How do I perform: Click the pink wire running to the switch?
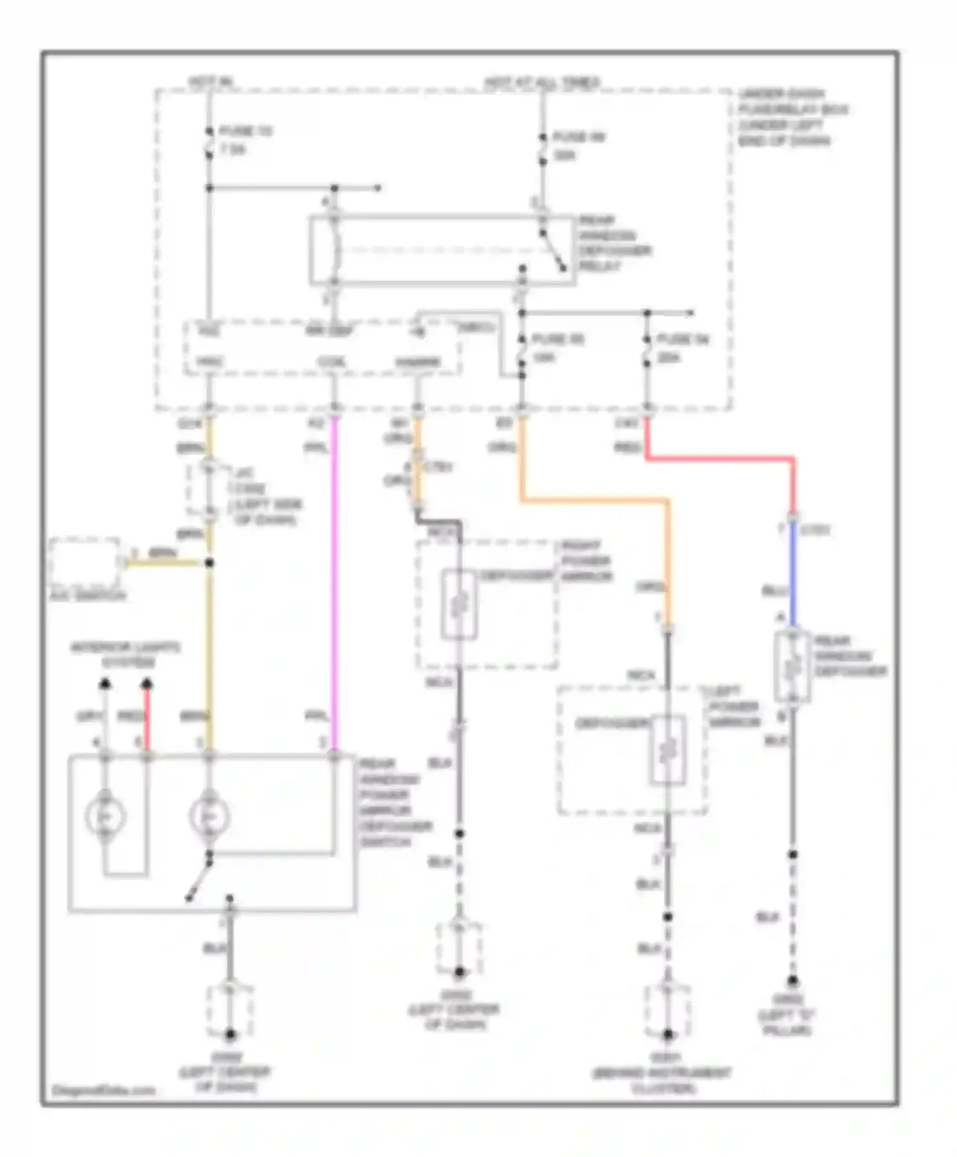pos(334,587)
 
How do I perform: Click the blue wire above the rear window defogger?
pos(793,574)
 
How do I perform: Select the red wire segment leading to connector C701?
pos(721,458)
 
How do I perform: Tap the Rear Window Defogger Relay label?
pos(614,243)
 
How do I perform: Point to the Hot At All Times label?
pos(542,82)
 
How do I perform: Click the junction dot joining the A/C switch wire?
pos(209,563)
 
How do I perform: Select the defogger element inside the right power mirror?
pos(459,604)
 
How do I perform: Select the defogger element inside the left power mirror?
pos(667,750)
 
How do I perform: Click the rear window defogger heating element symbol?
pos(792,668)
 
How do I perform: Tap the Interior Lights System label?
pos(126,655)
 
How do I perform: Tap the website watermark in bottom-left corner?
pos(103,1090)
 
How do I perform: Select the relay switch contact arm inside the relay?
pos(553,252)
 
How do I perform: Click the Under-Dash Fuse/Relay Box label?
pos(791,117)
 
